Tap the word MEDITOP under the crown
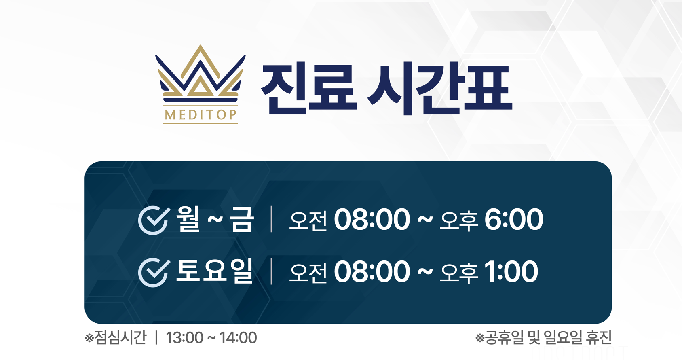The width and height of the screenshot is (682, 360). click(x=201, y=115)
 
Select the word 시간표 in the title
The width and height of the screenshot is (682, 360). click(x=440, y=89)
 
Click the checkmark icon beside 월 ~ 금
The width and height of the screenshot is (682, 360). click(x=154, y=220)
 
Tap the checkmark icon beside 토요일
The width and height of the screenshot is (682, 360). click(x=154, y=272)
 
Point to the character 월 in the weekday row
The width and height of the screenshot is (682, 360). click(x=188, y=219)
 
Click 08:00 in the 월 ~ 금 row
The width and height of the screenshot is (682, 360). click(x=372, y=219)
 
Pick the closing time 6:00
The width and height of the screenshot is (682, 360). click(x=514, y=219)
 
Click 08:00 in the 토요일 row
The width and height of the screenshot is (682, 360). click(x=372, y=271)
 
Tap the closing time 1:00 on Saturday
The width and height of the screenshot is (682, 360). click(x=511, y=271)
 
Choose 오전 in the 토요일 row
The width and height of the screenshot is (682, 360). click(x=308, y=273)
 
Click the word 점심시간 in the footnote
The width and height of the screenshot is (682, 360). click(x=120, y=337)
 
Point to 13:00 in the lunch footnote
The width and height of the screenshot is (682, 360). click(x=184, y=338)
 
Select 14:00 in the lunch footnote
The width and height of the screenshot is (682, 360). click(x=238, y=338)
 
